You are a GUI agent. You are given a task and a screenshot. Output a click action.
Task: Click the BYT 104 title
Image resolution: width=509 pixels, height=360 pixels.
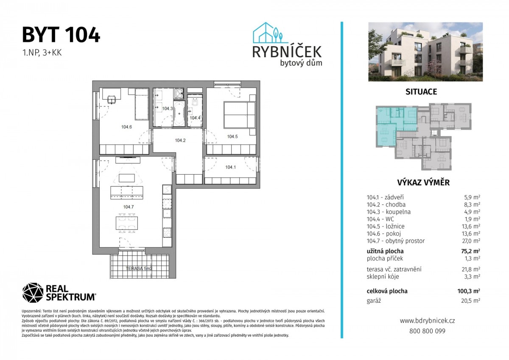click(61, 35)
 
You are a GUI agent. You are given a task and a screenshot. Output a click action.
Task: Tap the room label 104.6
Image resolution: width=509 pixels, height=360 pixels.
click(126, 127)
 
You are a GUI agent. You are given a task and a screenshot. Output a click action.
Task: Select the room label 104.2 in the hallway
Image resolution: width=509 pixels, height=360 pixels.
click(180, 140)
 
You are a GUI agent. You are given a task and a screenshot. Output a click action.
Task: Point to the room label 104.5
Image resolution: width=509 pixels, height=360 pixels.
click(232, 137)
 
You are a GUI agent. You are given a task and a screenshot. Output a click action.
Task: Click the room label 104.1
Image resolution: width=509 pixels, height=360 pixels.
click(230, 167)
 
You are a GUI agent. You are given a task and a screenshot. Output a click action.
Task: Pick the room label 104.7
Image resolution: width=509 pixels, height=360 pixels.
click(129, 207)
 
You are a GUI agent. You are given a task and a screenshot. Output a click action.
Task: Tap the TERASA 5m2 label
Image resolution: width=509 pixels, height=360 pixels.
click(139, 268)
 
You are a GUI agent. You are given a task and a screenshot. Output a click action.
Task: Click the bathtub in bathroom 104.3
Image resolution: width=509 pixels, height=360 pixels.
click(179, 114)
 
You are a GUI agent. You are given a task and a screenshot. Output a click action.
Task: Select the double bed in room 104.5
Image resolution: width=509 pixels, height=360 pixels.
click(239, 115)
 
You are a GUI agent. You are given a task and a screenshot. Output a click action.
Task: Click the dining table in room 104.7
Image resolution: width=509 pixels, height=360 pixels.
click(126, 223)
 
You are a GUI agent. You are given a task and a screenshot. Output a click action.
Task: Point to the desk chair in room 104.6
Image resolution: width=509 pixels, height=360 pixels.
click(112, 100)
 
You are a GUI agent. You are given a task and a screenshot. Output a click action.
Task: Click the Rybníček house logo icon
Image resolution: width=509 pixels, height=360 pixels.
click(268, 33)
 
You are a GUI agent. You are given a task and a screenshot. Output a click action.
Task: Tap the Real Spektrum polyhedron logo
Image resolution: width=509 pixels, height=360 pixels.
click(33, 293)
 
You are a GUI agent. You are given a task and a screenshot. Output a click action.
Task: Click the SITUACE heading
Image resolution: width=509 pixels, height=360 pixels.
click(421, 92)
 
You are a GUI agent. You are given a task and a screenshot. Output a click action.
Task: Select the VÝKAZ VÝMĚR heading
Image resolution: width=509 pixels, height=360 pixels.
click(423, 183)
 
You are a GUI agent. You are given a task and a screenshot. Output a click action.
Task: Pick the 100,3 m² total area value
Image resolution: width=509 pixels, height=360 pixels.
click(469, 291)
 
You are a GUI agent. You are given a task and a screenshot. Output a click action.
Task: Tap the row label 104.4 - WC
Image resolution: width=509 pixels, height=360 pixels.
click(380, 219)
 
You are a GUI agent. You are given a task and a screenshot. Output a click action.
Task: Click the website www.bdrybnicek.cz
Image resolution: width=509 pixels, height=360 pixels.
click(427, 321)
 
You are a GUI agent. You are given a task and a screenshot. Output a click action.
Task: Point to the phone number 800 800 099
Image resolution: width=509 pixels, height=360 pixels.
click(427, 331)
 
